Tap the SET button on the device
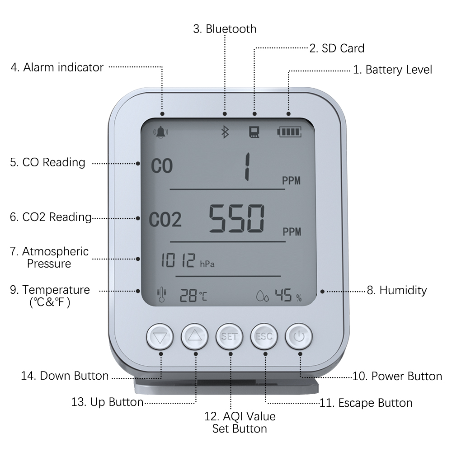(230, 336)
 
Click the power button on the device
(299, 336)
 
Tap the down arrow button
(160, 336)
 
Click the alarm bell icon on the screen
(160, 132)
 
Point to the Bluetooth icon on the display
(225, 132)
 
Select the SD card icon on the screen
(254, 132)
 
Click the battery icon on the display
(289, 132)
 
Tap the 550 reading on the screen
(236, 218)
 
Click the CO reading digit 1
(247, 167)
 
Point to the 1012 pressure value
(178, 260)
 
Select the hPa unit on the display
(207, 264)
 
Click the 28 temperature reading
(188, 296)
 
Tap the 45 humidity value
(283, 295)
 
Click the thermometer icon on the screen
(161, 295)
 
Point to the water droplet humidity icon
(262, 296)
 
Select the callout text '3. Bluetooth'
(225, 29)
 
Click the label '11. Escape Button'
(366, 403)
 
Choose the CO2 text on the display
(165, 219)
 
